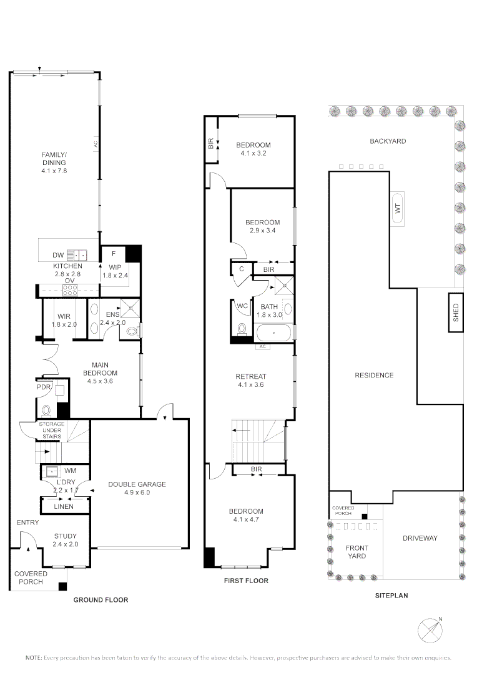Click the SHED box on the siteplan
coord(456,312)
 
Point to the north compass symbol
coord(430,629)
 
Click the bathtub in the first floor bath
coord(273,332)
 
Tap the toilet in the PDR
coord(46,411)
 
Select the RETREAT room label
coord(250,376)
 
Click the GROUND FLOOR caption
coord(101,600)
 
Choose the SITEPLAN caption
coord(391,596)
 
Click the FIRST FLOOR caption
coord(246,581)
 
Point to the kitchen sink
coord(76,254)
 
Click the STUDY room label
coord(64,536)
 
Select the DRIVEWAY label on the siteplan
coord(420,538)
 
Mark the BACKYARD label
coord(388,141)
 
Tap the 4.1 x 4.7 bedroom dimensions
coord(248,519)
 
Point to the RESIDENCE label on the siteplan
coord(374,375)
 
